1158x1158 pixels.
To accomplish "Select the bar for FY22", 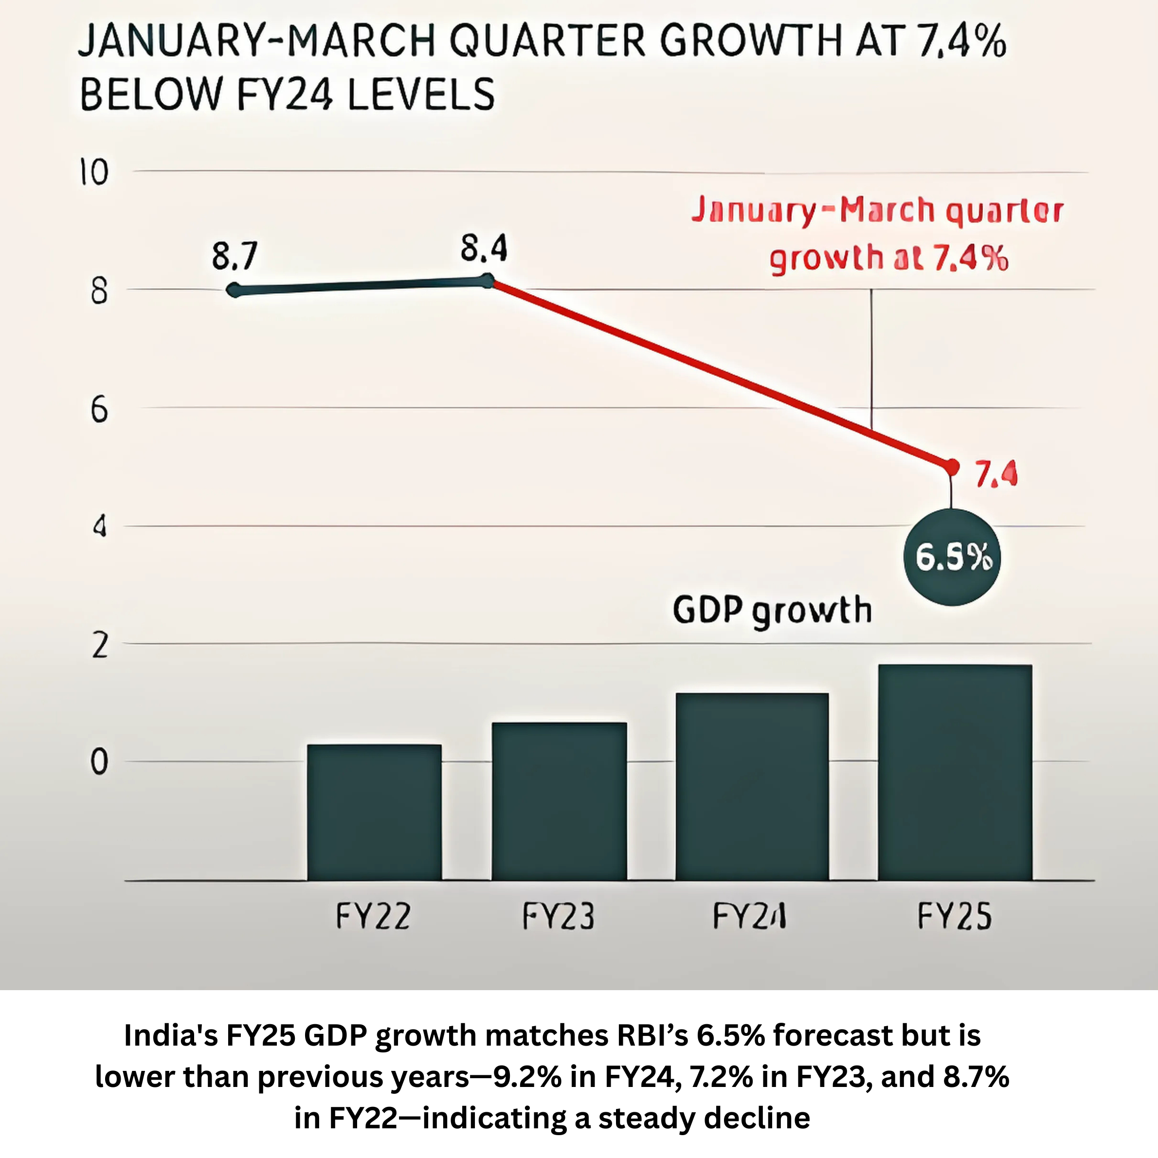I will tap(374, 812).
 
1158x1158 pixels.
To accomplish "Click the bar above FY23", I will tap(559, 801).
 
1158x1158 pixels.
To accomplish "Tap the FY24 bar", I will tap(752, 786).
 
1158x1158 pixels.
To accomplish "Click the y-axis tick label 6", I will tap(99, 411).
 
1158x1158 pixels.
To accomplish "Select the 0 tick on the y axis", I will tap(99, 762).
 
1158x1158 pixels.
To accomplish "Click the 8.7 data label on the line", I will tap(235, 256).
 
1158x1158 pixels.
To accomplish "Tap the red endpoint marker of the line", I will tap(951, 466).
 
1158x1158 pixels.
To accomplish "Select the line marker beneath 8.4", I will tap(488, 281).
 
